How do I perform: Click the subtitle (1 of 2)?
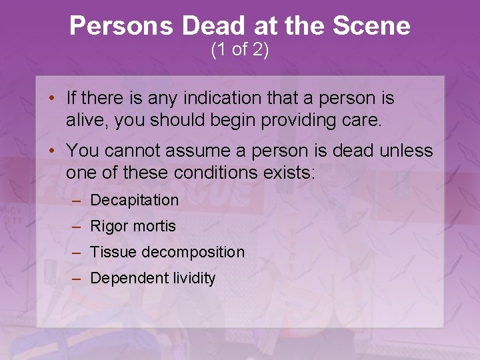click(x=239, y=50)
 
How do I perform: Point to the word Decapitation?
click(x=135, y=200)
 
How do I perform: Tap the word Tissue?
click(x=111, y=252)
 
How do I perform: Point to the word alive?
click(x=84, y=120)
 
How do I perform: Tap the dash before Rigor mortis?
click(x=79, y=226)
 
